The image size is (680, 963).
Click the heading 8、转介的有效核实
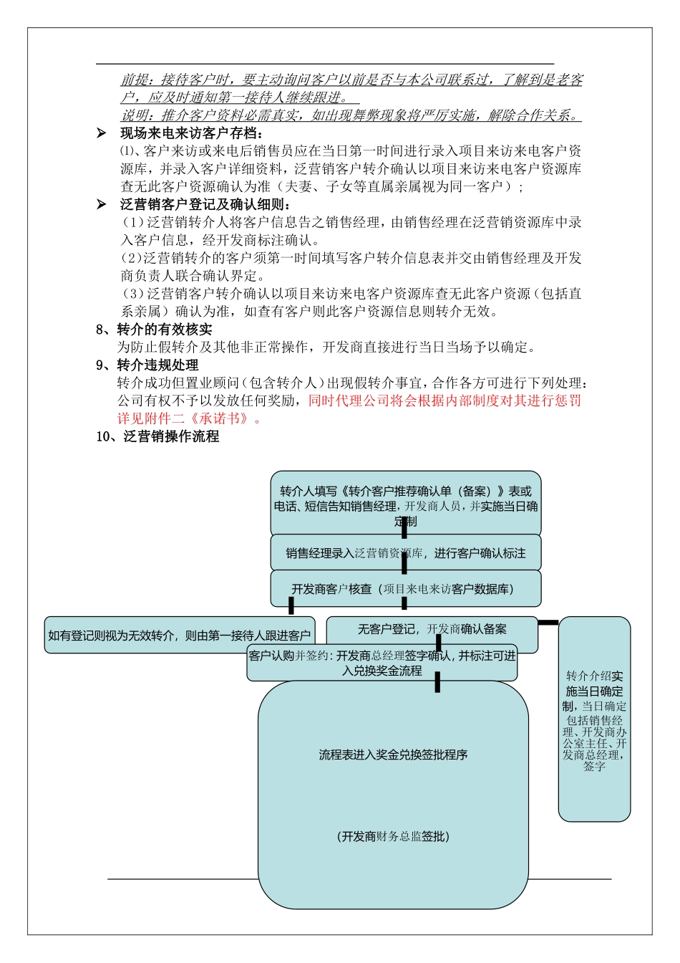pyautogui.click(x=154, y=330)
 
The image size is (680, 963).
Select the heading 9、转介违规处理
pyautogui.click(x=147, y=365)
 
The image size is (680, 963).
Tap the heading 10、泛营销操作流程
pyautogui.click(x=157, y=436)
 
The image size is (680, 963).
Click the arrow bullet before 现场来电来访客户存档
pyautogui.click(x=102, y=133)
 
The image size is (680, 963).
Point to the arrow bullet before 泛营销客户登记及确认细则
pyautogui.click(x=102, y=205)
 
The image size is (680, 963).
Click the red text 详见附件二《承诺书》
pyautogui.click(x=190, y=418)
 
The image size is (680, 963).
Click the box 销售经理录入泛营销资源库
pyautogui.click(x=405, y=553)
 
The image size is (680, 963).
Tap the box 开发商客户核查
pyautogui.click(x=405, y=589)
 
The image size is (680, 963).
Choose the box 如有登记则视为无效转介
pyautogui.click(x=179, y=636)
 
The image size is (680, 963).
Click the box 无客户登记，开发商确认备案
pyautogui.click(x=432, y=629)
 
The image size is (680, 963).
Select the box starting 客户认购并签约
pyautogui.click(x=382, y=663)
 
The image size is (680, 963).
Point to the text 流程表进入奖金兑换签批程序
pyautogui.click(x=393, y=754)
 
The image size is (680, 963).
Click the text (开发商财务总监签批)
pyautogui.click(x=393, y=836)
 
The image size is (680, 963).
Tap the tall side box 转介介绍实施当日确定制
pyautogui.click(x=594, y=719)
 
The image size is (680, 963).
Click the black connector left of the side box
pyautogui.click(x=548, y=623)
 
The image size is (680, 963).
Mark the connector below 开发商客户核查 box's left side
pyautogui.click(x=291, y=606)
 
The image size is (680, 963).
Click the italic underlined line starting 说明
pyautogui.click(x=350, y=115)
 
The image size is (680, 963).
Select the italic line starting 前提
pyautogui.click(x=351, y=80)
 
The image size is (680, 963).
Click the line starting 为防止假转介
pyautogui.click(x=326, y=348)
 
